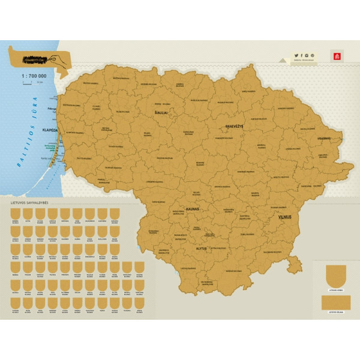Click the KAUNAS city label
pos(192,209)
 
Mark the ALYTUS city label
pos(201,247)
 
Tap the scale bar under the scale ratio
pos(33,85)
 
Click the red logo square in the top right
pos(335,56)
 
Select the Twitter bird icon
pos(296,55)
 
